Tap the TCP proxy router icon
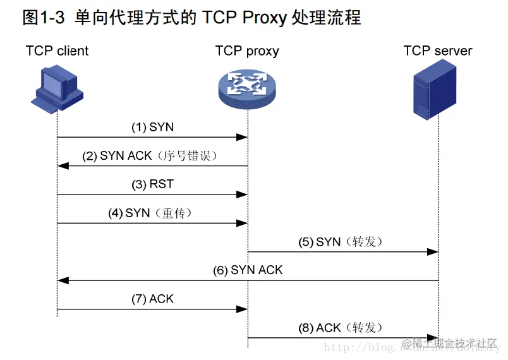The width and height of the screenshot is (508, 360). coord(247,88)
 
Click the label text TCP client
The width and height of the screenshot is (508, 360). coord(57,51)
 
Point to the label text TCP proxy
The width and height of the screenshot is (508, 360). coord(247,51)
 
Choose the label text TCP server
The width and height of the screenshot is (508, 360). coord(438,51)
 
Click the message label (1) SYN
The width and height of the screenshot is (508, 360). coord(152,127)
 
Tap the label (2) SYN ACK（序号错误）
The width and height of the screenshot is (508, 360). coord(152,156)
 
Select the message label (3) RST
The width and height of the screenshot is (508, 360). coord(152,184)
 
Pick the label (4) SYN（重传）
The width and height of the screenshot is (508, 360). coord(152,213)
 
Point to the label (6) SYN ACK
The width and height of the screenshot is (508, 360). coord(248,270)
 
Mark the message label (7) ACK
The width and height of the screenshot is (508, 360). coord(152,299)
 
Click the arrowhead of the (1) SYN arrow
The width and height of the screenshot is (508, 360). coord(242,137)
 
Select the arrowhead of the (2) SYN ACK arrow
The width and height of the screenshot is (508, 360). coord(62,166)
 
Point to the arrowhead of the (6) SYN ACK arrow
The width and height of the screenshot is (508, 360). coord(62,280)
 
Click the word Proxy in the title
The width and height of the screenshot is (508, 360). coord(263,17)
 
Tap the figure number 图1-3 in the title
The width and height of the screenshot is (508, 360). coord(44,17)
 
